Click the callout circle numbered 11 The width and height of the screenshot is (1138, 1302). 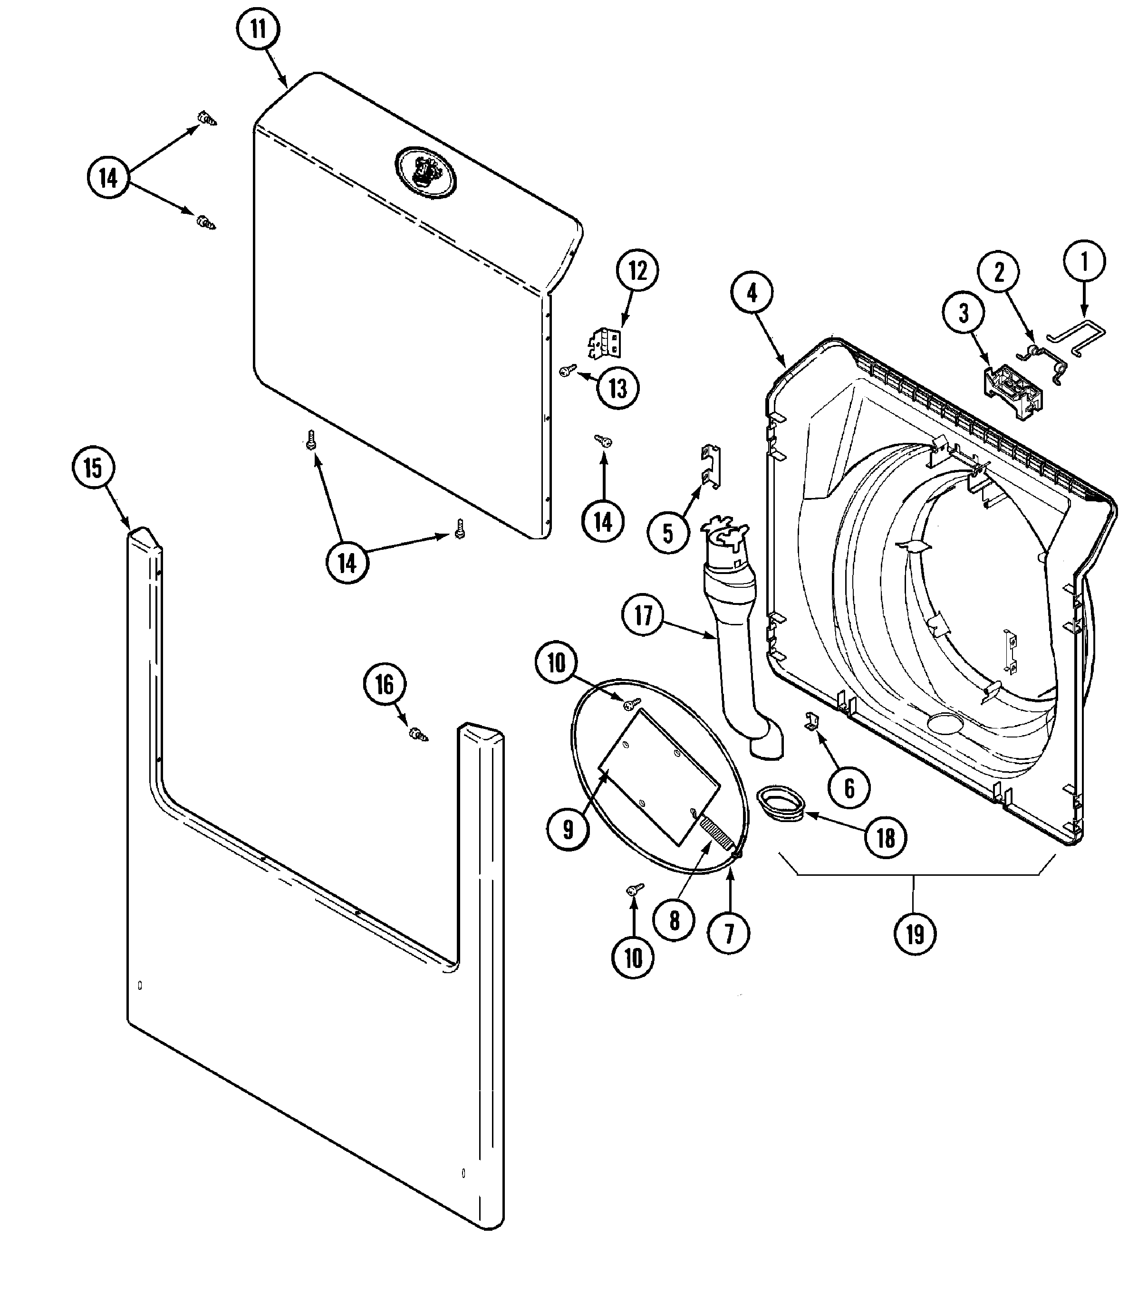click(258, 29)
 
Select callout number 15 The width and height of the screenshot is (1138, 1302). click(93, 468)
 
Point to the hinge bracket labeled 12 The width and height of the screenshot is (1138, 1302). click(605, 342)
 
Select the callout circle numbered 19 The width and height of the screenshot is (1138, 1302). click(915, 933)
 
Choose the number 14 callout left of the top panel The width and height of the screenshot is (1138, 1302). click(108, 178)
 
